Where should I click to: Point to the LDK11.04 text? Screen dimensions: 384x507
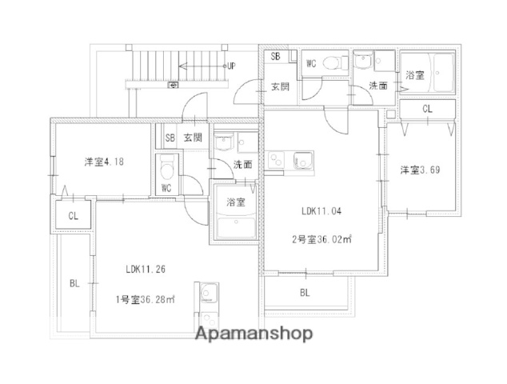tap(321, 211)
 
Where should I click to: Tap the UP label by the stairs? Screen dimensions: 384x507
tap(230, 66)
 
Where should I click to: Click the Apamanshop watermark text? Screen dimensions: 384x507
tap(255, 334)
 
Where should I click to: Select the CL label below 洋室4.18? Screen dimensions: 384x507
tap(74, 215)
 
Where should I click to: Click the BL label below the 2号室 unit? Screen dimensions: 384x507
tap(305, 293)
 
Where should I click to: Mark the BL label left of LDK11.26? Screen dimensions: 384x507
tap(74, 283)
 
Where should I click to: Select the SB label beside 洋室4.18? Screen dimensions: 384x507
tap(170, 138)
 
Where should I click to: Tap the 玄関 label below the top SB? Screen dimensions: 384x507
tap(279, 86)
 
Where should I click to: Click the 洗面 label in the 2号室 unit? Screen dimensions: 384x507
tap(378, 85)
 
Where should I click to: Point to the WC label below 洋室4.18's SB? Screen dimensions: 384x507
tap(166, 188)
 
